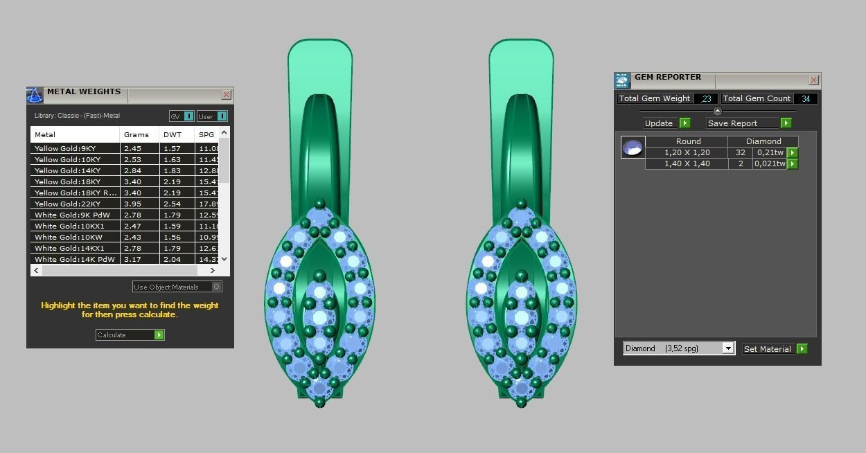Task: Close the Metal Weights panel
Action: (226, 95)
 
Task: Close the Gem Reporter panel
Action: (813, 80)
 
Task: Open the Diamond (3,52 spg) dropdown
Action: (727, 348)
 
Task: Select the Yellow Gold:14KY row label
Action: (67, 170)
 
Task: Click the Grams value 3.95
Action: (132, 204)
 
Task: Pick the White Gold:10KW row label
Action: (68, 237)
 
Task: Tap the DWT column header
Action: (173, 134)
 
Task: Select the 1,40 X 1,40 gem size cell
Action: (687, 164)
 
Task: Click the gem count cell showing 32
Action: (741, 152)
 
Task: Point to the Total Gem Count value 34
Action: (806, 99)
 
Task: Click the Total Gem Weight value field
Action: (705, 99)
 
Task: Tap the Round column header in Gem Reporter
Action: (688, 141)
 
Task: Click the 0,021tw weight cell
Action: (770, 164)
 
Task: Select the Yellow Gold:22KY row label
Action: (67, 204)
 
